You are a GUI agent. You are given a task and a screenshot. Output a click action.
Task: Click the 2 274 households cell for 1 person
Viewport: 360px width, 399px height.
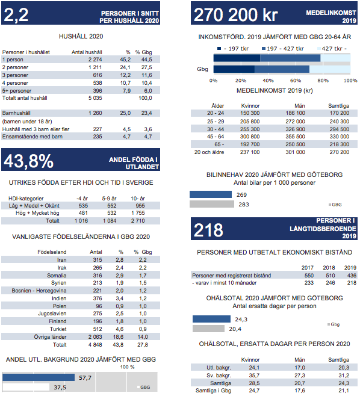click(95, 60)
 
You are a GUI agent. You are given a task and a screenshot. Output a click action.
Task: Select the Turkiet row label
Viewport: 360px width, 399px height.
click(58, 329)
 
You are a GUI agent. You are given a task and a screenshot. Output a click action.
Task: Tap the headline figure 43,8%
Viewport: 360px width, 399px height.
click(28, 161)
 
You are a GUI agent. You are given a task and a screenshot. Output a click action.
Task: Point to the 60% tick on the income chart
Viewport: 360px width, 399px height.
click(296, 81)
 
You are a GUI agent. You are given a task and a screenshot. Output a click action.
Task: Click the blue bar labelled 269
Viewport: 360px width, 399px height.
click(211, 194)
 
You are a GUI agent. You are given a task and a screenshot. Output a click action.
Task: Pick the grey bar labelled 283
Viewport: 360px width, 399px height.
click(212, 204)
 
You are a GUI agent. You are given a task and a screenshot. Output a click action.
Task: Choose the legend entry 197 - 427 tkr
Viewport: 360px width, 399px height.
click(283, 49)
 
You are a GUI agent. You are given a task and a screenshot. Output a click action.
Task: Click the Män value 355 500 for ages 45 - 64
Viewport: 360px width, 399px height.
click(295, 137)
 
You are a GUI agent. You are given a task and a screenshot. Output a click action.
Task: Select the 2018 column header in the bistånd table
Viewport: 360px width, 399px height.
click(329, 268)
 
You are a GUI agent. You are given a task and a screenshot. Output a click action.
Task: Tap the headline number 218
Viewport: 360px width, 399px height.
click(208, 230)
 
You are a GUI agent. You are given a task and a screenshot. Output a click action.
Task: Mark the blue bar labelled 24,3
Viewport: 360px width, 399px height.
click(211, 319)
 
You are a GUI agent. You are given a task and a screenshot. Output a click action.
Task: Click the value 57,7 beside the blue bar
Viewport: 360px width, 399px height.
click(85, 377)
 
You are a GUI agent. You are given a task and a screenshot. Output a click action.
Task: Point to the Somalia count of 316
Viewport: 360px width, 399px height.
click(98, 276)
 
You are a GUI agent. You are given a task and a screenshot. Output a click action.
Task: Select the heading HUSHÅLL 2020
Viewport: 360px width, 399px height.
click(81, 36)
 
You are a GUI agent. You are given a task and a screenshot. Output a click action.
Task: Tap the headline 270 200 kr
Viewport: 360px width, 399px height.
click(235, 14)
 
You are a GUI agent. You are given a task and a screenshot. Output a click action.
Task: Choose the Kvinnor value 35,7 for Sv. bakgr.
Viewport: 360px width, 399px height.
click(254, 376)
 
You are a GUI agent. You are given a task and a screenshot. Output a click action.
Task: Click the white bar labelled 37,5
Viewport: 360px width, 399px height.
click(26, 388)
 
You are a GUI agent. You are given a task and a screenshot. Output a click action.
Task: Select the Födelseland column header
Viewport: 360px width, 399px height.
click(52, 252)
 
